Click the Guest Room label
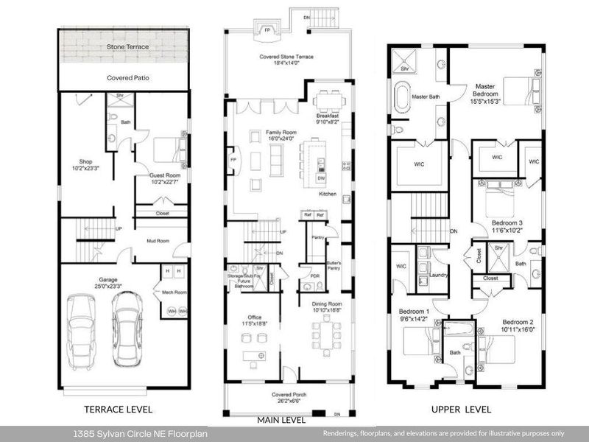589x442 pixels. tap(165, 177)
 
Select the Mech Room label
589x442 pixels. tap(174, 292)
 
